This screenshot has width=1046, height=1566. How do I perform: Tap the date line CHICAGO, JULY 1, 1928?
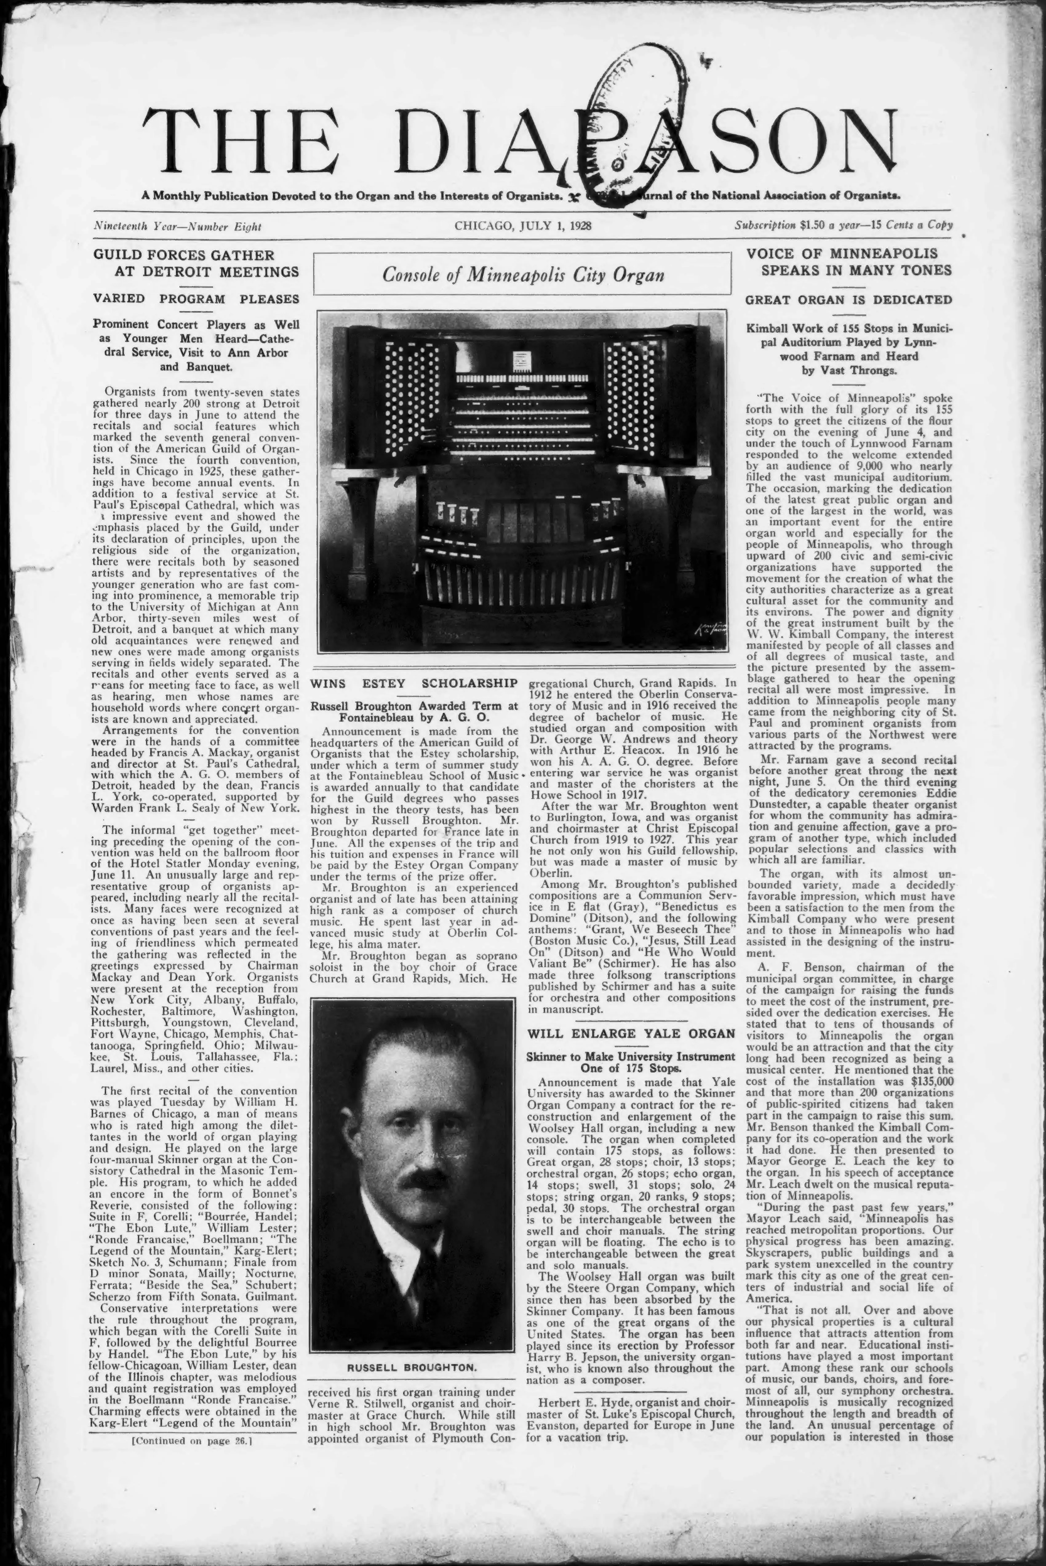coord(523,226)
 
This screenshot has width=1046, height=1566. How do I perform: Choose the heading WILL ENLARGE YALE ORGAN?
coord(631,1034)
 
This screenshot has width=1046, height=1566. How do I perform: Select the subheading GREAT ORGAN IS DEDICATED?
coord(848,300)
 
